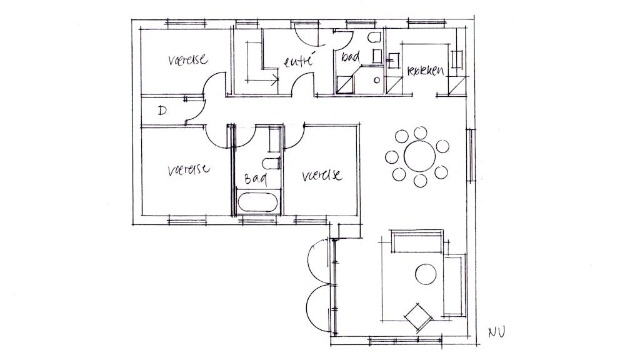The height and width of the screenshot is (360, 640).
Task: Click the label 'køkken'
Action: coord(425,71)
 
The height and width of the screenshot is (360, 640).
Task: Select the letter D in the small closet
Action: coord(162,111)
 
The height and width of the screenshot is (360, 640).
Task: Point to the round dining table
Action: coord(419,156)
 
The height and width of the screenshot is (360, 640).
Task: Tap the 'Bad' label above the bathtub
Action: coord(255,179)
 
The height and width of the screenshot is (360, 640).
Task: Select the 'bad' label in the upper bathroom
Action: coord(350,57)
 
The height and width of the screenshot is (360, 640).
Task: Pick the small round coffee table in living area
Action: coord(426,274)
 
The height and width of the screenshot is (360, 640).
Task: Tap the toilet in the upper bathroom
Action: coord(376,39)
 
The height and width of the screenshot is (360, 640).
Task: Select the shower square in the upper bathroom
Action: coord(344,84)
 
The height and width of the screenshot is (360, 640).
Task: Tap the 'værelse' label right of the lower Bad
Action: coord(321,175)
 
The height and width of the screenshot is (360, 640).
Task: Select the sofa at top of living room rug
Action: coord(417,241)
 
